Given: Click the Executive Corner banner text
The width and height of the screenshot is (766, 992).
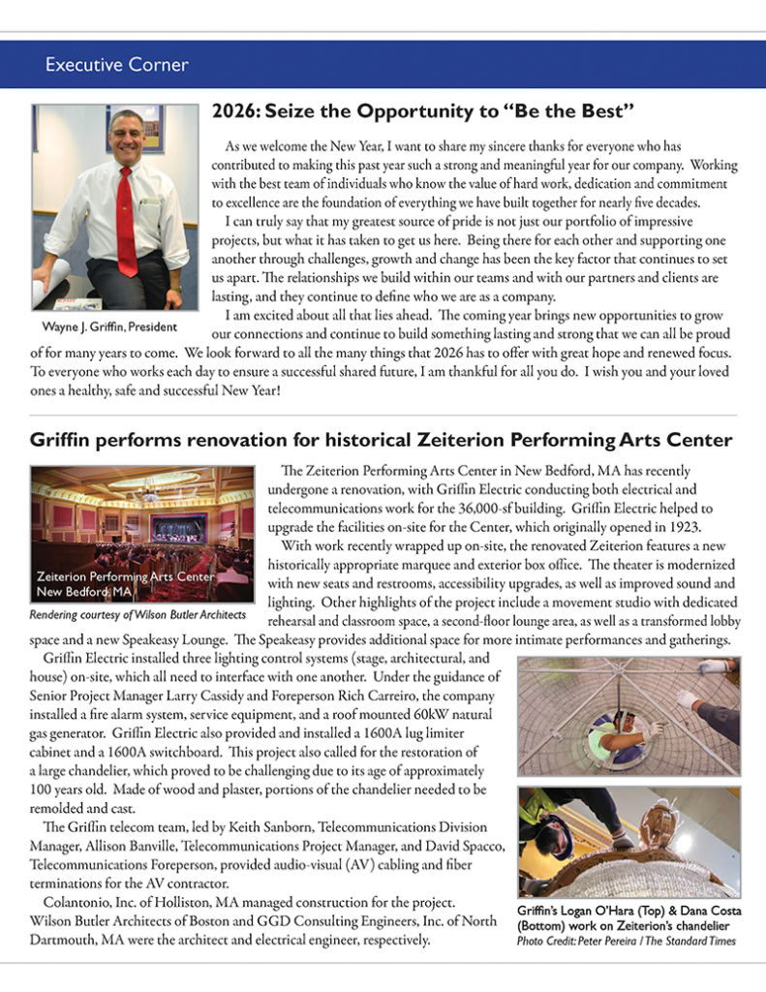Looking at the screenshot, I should coord(116,66).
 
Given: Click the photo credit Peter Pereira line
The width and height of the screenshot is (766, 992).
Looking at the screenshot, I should coord(626,940).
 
